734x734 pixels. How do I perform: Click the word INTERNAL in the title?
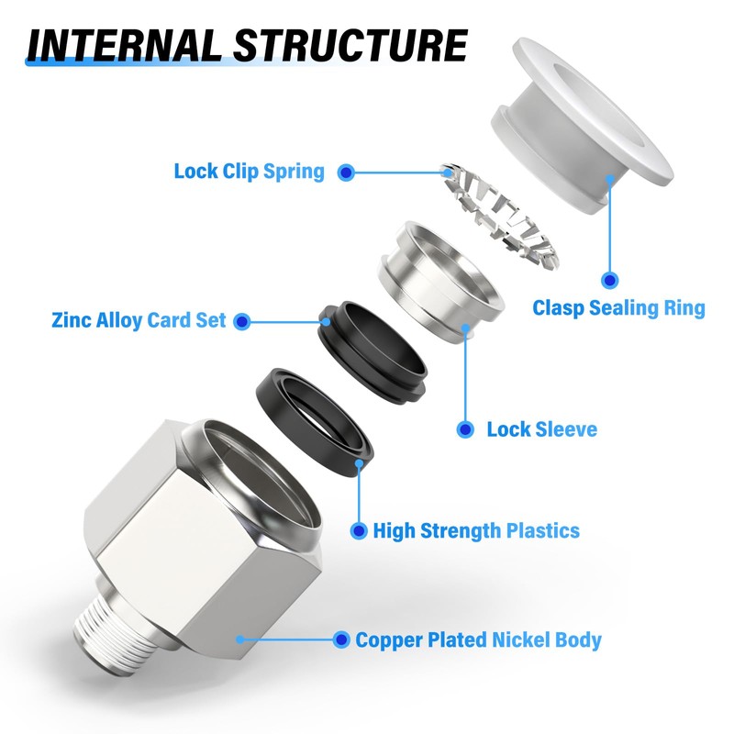(x=124, y=45)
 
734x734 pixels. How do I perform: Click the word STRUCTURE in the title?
(x=350, y=45)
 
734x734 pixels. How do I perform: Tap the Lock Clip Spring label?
(x=249, y=172)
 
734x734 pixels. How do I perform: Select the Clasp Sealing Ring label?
(x=618, y=308)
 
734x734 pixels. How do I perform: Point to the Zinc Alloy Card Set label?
(x=139, y=320)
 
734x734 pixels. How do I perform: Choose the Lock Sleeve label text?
(x=542, y=429)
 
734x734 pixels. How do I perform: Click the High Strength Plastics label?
(x=476, y=531)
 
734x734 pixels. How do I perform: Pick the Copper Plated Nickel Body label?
(x=478, y=639)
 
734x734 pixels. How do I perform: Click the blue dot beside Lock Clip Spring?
(x=346, y=172)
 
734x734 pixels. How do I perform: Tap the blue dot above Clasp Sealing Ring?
(x=609, y=281)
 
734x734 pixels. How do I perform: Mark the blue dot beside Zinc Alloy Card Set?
(x=241, y=322)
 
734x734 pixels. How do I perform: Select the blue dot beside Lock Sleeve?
(x=465, y=429)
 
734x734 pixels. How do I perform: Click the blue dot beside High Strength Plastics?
(x=359, y=531)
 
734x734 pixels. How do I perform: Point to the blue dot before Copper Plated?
(x=341, y=639)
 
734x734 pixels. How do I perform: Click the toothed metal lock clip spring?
(x=500, y=217)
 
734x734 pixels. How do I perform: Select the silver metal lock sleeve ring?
(x=441, y=282)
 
